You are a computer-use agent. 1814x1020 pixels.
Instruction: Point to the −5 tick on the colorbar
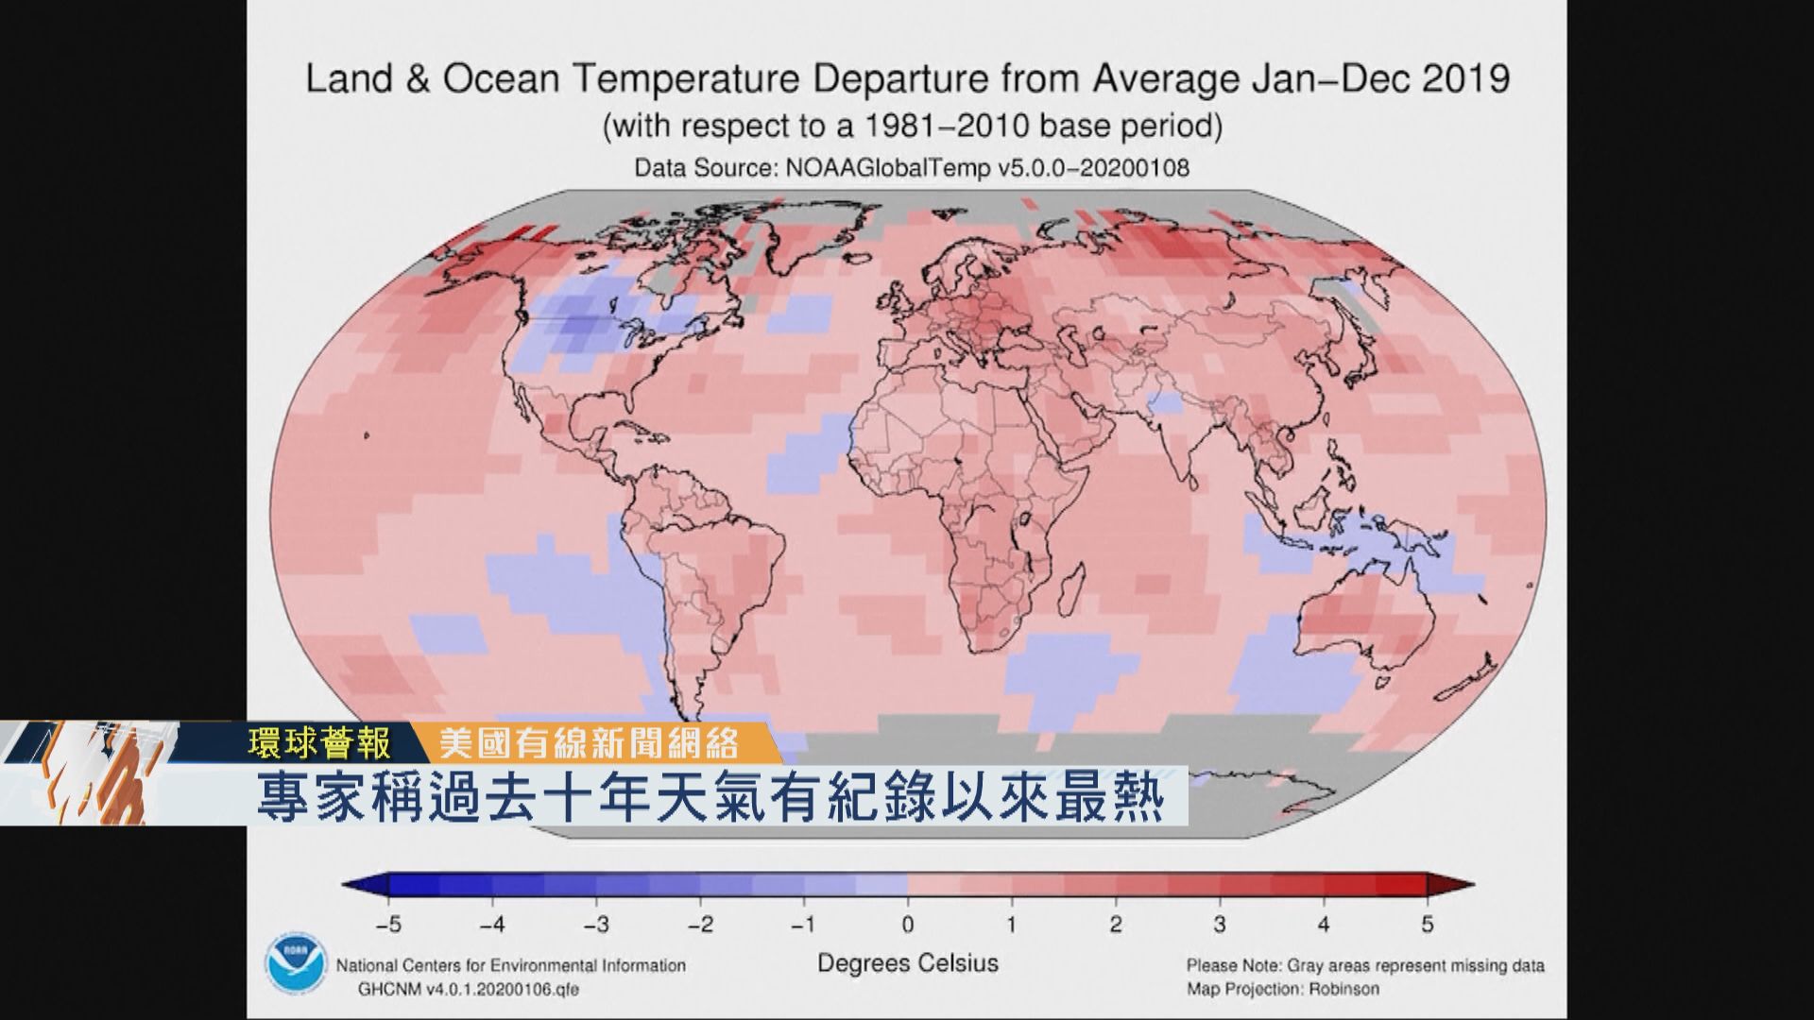(389, 925)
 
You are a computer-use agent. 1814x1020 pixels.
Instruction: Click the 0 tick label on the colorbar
(907, 925)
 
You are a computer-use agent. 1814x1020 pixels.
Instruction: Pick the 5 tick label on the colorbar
(1427, 925)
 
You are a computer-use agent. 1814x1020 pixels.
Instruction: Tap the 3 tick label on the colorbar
(1220, 925)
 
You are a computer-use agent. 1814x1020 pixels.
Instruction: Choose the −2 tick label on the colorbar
(700, 925)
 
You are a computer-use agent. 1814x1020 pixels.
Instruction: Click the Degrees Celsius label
(907, 963)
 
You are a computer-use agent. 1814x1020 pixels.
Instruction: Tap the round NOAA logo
(293, 963)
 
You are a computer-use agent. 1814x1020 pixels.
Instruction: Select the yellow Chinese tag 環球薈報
(319, 745)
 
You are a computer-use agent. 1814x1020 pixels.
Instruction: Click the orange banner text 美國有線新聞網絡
(589, 745)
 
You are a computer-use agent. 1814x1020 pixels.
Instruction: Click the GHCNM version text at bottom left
(468, 989)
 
